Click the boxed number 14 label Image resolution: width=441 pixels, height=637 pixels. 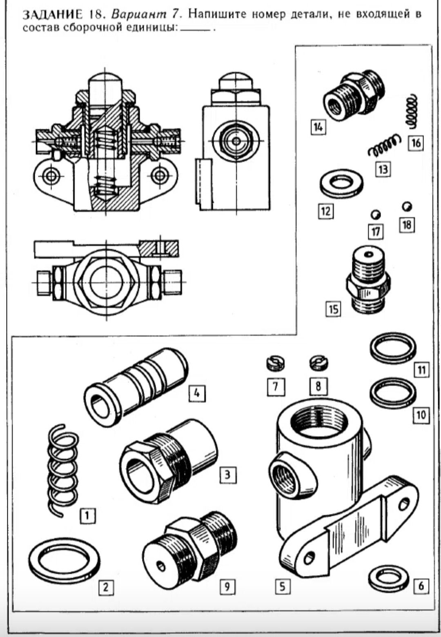coord(318,127)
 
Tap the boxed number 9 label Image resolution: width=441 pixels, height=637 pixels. coord(227,586)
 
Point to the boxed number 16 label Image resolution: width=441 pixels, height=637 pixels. coord(416,143)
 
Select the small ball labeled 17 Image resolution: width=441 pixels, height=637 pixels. coord(375,214)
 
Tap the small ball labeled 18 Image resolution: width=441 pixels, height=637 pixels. coord(407,206)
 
